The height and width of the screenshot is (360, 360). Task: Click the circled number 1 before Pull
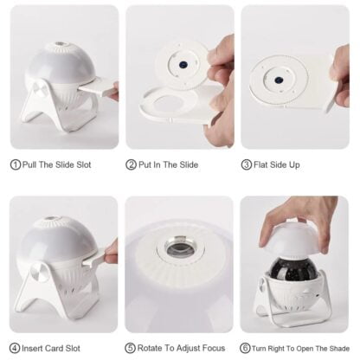(x=16, y=164)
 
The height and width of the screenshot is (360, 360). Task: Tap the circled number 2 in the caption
(x=131, y=164)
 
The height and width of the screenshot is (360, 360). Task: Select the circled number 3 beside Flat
(x=246, y=164)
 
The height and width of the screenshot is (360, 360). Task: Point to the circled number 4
(x=15, y=348)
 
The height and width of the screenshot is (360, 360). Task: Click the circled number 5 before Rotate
(x=130, y=348)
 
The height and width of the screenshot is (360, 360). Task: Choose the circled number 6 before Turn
(x=245, y=348)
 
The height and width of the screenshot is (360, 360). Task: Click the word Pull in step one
(x=29, y=164)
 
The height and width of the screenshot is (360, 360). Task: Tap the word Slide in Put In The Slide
(x=189, y=164)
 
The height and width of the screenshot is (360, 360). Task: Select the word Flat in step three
(x=261, y=164)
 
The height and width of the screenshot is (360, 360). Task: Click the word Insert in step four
(x=32, y=348)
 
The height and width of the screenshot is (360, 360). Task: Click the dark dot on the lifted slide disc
(x=183, y=64)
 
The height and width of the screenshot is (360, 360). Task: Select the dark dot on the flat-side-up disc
(x=279, y=79)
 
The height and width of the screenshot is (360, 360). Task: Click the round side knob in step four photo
(x=40, y=273)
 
